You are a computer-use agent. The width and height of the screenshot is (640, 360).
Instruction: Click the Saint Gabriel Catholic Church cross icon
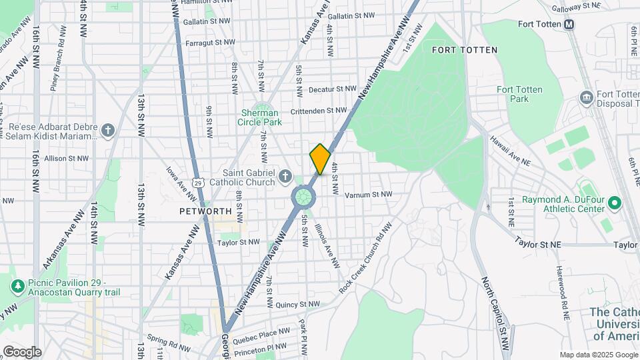pyautogui.click(x=285, y=177)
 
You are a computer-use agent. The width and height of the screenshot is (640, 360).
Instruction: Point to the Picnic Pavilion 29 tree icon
pyautogui.click(x=17, y=285)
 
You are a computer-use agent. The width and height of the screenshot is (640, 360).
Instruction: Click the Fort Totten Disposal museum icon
pyautogui.click(x=586, y=98)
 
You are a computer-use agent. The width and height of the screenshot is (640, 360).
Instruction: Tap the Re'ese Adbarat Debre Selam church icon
pyautogui.click(x=108, y=129)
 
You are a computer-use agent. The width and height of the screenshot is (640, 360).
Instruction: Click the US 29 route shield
pyautogui.click(x=197, y=181)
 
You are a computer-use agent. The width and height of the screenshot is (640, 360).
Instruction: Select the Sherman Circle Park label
pyautogui.click(x=261, y=117)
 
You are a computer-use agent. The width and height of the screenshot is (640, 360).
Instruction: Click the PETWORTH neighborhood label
pyautogui.click(x=205, y=211)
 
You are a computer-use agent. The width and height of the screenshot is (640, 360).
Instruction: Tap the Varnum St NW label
pyautogui.click(x=368, y=195)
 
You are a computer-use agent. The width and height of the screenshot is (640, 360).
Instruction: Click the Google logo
pyautogui.click(x=22, y=351)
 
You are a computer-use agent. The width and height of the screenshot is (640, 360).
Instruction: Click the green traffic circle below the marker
pyautogui.click(x=303, y=197)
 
